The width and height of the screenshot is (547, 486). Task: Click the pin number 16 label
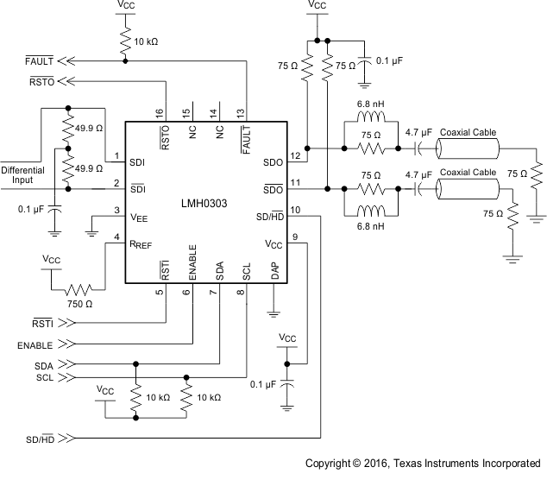tap(160, 112)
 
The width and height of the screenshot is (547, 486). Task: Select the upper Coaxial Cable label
tap(468, 132)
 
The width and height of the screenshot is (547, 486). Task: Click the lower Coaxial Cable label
tap(468, 173)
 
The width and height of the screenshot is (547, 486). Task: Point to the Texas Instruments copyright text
tap(423, 464)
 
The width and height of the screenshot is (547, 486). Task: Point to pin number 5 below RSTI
tap(160, 292)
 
